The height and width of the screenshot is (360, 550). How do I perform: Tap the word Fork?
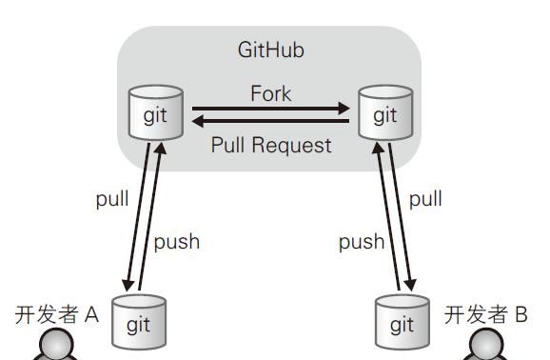[x=271, y=94]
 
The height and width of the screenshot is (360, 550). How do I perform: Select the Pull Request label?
[x=271, y=145]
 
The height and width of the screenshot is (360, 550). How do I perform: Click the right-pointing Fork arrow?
[x=271, y=110]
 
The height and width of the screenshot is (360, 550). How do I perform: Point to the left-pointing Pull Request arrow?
[x=271, y=122]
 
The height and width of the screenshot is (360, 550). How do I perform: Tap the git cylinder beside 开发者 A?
[x=140, y=322]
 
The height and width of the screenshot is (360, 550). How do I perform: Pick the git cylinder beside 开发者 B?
[x=402, y=322]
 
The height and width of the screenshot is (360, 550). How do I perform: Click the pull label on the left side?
[x=112, y=200]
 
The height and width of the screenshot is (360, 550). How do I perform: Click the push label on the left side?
[x=177, y=241]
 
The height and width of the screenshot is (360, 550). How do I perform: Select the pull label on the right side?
[x=425, y=200]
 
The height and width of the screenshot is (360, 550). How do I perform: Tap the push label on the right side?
[x=362, y=242]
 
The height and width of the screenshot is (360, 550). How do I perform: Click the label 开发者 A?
[x=57, y=314]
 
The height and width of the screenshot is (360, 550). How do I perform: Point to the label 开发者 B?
[x=485, y=314]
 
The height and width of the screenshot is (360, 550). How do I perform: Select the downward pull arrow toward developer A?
[x=137, y=219]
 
